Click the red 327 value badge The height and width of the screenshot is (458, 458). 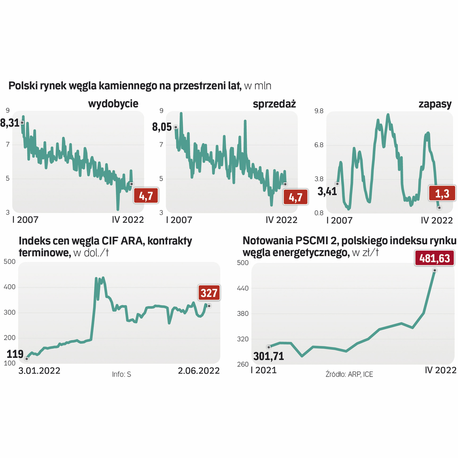tap(209, 293)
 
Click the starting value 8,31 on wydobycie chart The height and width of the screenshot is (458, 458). tap(10, 123)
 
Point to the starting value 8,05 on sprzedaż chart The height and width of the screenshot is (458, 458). tap(163, 127)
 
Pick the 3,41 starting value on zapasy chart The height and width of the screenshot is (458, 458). tap(327, 191)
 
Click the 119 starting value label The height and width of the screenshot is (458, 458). tap(15, 354)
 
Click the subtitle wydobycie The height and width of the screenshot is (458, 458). tap(113, 104)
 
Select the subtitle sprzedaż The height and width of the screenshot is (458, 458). tap(274, 104)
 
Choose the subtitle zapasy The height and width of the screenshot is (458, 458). tap(435, 104)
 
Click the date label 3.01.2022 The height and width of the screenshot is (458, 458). tap(39, 370)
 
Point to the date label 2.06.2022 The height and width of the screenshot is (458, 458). tap(199, 370)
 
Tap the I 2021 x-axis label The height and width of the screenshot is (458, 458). tap(263, 370)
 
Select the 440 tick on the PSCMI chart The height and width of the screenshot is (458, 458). tap(243, 288)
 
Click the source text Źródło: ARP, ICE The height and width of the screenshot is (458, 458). tap(349, 374)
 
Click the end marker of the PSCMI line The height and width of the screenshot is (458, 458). tap(435, 270)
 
